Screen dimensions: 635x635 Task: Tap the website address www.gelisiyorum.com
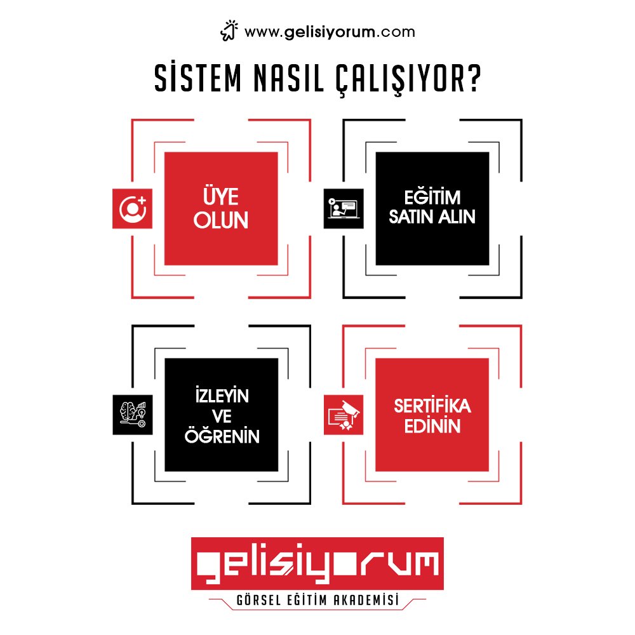pyautogui.click(x=329, y=32)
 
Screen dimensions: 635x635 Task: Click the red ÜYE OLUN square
pyautogui.click(x=221, y=208)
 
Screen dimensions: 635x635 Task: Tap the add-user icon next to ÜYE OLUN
pyautogui.click(x=132, y=208)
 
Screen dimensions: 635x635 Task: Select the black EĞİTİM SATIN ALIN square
pyautogui.click(x=432, y=208)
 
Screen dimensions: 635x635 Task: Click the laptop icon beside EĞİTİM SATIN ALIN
pyautogui.click(x=344, y=208)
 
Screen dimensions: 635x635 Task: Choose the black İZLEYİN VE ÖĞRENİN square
pyautogui.click(x=221, y=415)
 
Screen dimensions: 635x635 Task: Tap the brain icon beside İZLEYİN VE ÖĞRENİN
pyautogui.click(x=132, y=415)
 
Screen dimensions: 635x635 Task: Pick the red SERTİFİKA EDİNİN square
pyautogui.click(x=432, y=415)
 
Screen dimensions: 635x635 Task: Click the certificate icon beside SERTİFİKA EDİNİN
pyautogui.click(x=344, y=415)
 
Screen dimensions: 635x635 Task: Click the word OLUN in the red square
pyautogui.click(x=221, y=220)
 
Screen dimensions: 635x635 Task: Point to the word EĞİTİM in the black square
pyautogui.click(x=432, y=196)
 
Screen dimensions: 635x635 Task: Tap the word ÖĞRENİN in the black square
pyautogui.click(x=221, y=436)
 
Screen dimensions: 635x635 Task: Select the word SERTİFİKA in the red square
pyautogui.click(x=432, y=405)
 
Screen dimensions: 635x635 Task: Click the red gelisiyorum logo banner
pyautogui.click(x=317, y=563)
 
